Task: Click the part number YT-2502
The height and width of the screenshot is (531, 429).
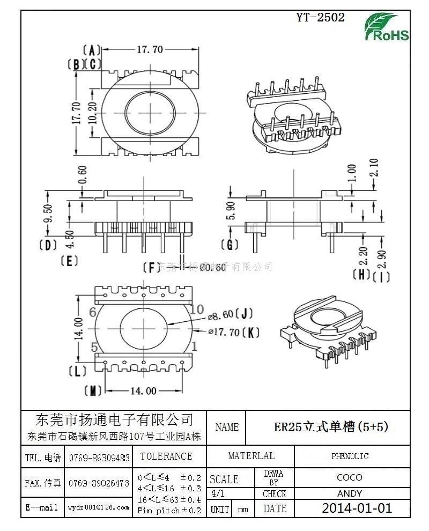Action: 321,17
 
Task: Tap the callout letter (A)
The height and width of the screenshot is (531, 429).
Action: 92,50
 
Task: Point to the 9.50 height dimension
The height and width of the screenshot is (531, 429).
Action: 48,213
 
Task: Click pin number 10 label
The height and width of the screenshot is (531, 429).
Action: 197,309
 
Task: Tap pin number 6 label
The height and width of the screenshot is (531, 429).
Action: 93,312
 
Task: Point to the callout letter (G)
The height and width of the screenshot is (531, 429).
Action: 231,245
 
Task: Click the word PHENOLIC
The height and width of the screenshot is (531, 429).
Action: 350,456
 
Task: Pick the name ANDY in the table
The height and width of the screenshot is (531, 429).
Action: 350,493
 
